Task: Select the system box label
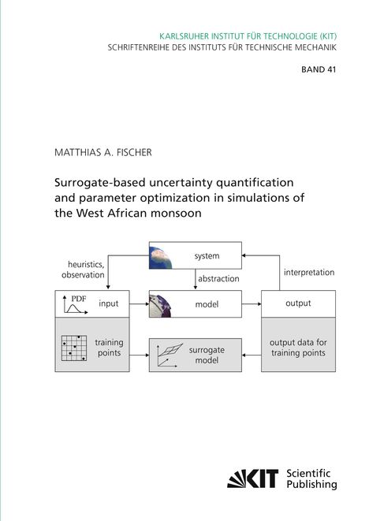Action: [x=207, y=256]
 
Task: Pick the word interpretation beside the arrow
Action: [x=309, y=273]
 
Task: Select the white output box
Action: [x=298, y=303]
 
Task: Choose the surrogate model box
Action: [x=196, y=354]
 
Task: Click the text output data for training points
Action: [x=298, y=348]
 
